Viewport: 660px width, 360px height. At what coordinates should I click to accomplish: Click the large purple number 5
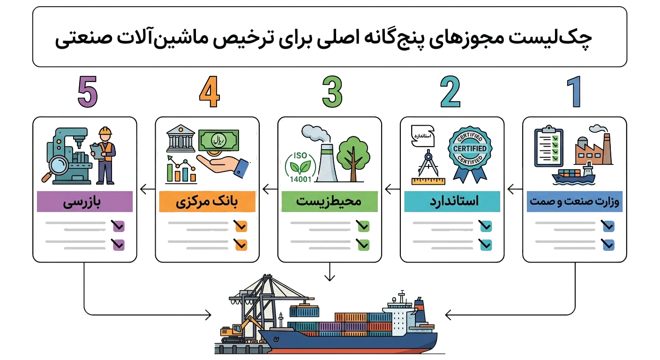(88, 91)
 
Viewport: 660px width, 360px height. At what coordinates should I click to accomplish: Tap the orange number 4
(210, 91)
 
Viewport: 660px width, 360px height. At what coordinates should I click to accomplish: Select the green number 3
(332, 91)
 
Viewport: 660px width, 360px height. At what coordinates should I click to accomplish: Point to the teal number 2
(450, 91)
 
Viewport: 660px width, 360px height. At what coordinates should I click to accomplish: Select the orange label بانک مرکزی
(207, 202)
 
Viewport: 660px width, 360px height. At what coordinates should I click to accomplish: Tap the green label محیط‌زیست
(330, 202)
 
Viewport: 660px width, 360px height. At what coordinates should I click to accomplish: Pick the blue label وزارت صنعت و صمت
(575, 202)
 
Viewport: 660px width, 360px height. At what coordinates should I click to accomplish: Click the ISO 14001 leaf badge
(300, 167)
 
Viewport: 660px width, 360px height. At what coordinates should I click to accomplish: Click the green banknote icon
(218, 141)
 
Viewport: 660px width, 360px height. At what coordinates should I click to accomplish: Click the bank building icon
(180, 138)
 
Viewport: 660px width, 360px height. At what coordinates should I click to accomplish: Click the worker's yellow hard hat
(105, 131)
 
